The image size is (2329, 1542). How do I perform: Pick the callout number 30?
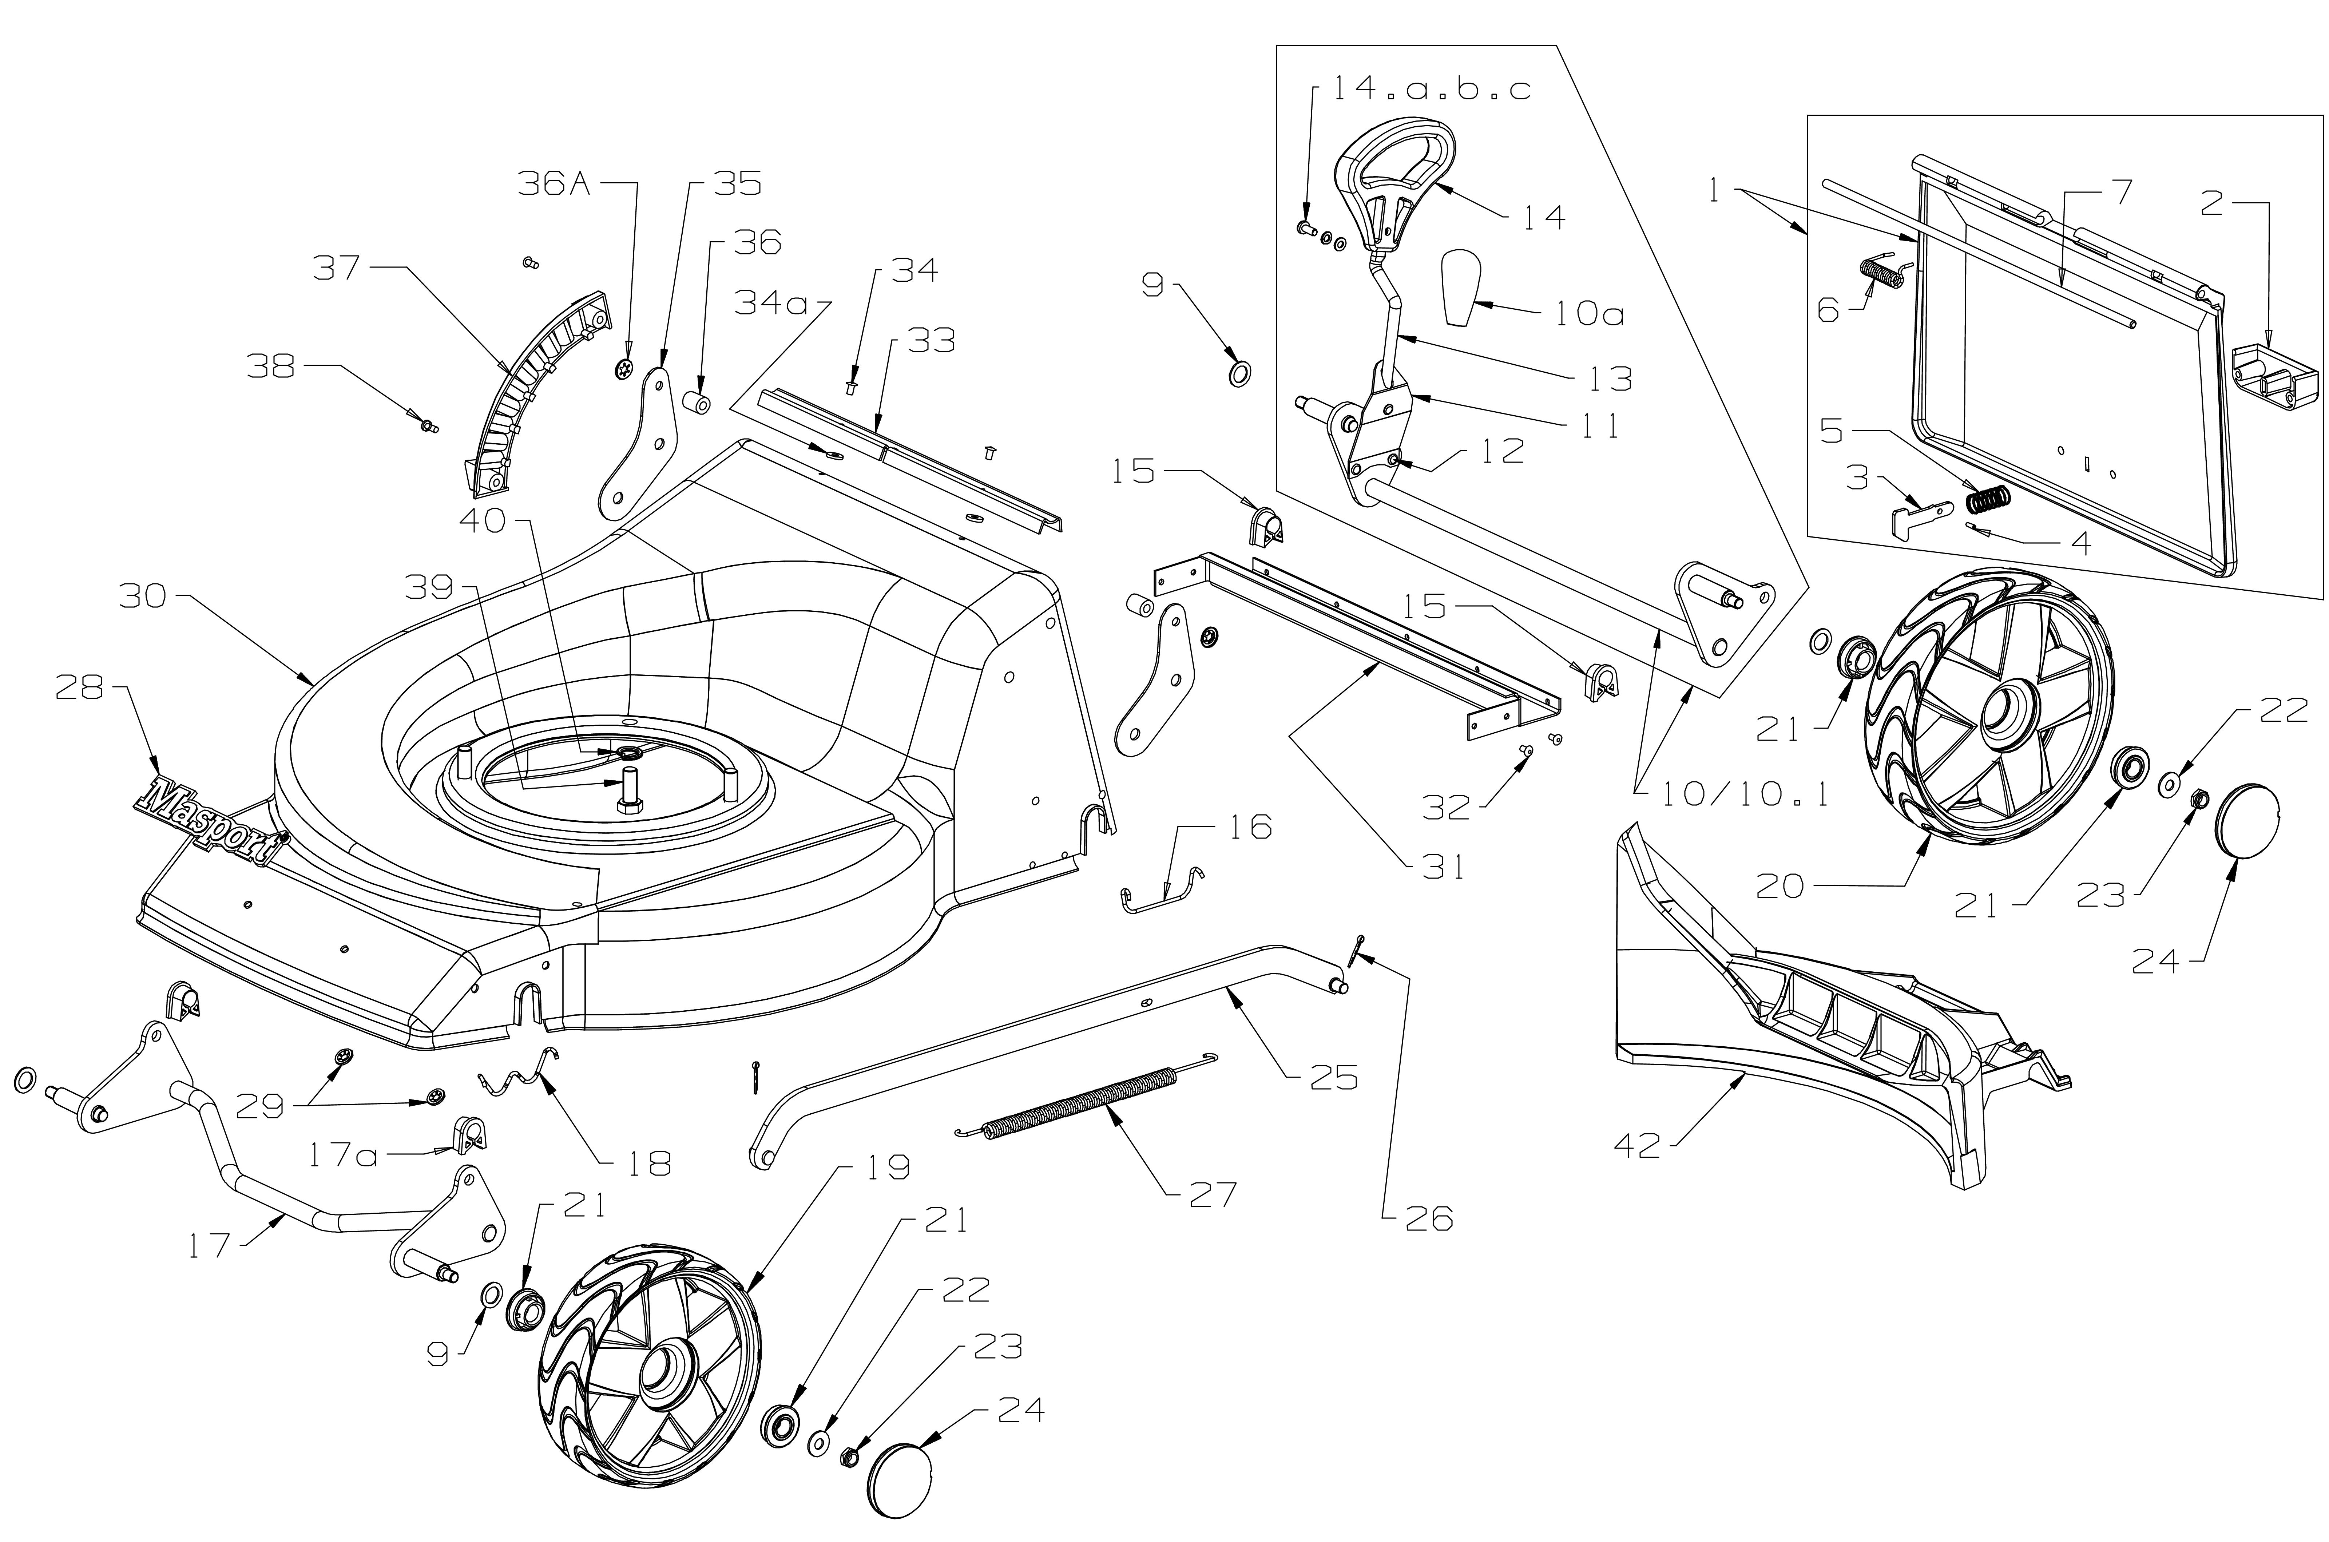click(143, 596)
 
